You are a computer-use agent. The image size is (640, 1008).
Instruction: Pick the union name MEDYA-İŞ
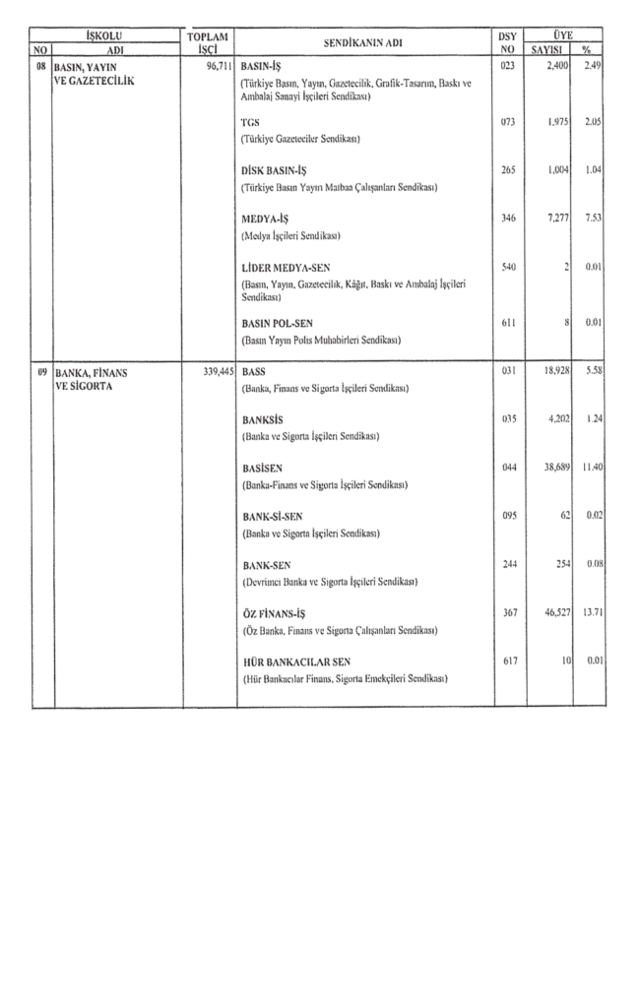pyautogui.click(x=266, y=218)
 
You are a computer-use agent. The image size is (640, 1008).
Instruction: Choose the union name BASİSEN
pyautogui.click(x=263, y=470)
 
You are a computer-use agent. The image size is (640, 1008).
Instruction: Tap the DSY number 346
pyautogui.click(x=508, y=218)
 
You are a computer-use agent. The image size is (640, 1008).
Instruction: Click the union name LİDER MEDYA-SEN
pyautogui.click(x=285, y=266)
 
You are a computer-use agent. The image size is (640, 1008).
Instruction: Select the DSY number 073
pyautogui.click(x=508, y=122)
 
